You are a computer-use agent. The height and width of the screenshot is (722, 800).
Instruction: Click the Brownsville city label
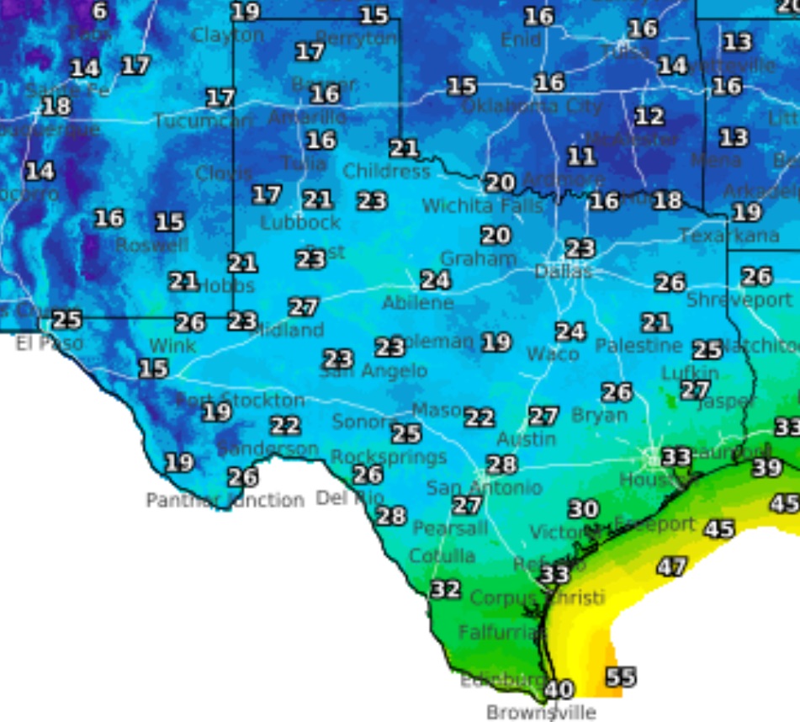(541, 712)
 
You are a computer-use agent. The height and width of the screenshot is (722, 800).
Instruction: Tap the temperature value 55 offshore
(621, 677)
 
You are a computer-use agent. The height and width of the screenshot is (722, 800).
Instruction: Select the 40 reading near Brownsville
(558, 689)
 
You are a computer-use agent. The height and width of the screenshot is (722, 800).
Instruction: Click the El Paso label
(50, 343)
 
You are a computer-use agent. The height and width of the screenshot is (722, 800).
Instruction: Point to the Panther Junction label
(225, 501)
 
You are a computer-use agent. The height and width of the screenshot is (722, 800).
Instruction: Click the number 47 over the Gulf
(671, 567)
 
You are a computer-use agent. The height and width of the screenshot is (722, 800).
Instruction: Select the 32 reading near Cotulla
(445, 589)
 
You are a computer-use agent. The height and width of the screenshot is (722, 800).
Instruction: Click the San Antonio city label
(484, 487)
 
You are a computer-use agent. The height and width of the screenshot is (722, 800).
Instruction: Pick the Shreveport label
(739, 300)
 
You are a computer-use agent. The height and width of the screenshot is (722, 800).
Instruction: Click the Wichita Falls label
(470, 205)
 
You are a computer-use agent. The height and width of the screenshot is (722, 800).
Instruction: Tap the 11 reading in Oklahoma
(580, 157)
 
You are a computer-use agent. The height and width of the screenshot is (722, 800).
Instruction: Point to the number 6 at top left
(99, 11)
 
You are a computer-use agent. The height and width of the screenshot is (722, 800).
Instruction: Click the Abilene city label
(417, 303)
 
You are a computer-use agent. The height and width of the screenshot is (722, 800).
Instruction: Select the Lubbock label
(300, 223)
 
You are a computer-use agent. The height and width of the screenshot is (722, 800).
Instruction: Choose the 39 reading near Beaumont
(766, 468)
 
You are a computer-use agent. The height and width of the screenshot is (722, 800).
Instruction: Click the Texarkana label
(728, 236)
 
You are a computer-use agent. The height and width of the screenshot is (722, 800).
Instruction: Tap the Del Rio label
(350, 498)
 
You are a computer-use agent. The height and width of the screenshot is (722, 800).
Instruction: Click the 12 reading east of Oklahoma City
(649, 116)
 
